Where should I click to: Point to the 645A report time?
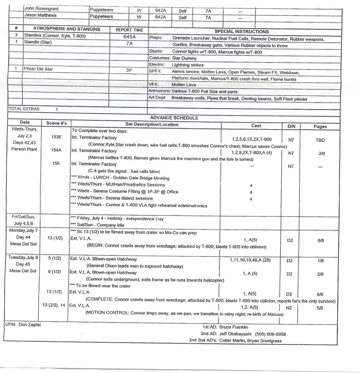click(129, 35)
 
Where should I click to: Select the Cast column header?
click(256, 125)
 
